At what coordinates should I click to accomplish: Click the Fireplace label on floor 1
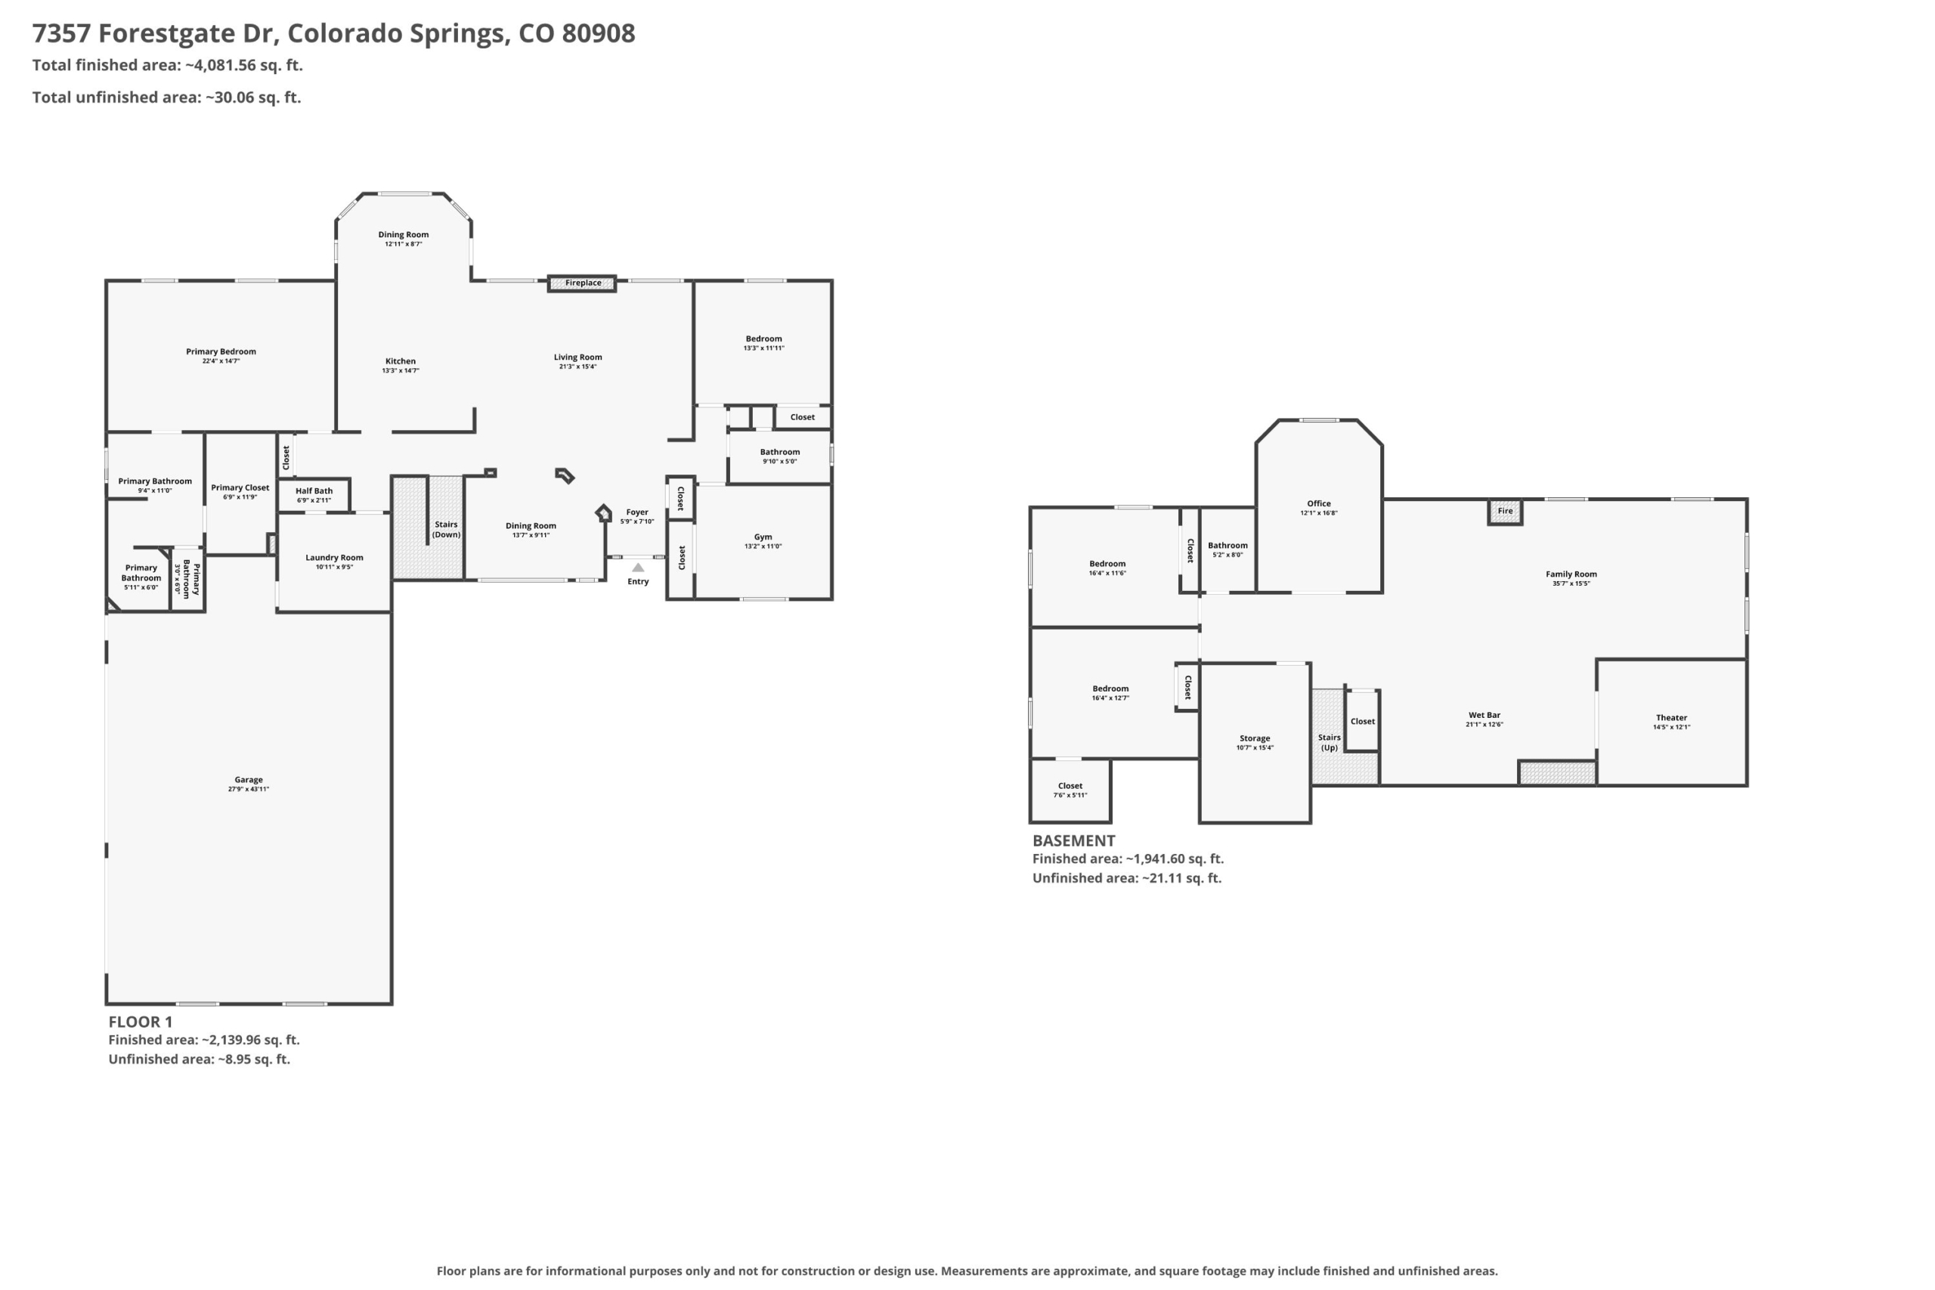(583, 283)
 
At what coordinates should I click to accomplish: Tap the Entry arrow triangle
(638, 567)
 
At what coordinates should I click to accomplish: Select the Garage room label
(249, 780)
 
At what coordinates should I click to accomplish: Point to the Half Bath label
(314, 491)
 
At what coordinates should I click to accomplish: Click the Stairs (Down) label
(446, 530)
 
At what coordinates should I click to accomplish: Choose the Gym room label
(763, 537)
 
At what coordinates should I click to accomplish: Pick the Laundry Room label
(334, 558)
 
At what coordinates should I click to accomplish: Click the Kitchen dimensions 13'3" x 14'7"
(401, 371)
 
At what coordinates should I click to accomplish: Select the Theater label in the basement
(1671, 717)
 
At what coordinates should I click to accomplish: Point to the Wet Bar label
(1485, 715)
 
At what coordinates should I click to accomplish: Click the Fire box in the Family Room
(1505, 512)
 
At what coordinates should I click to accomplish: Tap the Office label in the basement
(1319, 503)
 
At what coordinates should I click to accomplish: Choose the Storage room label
(1255, 739)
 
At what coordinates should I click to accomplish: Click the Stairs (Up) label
(1330, 743)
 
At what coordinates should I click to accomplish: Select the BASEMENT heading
(1073, 841)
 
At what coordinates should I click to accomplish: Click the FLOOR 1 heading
(141, 1022)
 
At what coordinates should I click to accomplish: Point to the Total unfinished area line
(166, 97)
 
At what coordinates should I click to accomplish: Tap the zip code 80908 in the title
(598, 33)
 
